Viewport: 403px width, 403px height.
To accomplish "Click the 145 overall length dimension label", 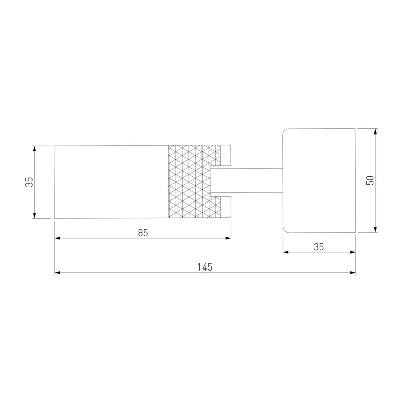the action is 205,267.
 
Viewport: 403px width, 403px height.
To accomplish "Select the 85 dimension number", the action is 143,233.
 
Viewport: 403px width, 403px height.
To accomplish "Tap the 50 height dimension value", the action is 370,180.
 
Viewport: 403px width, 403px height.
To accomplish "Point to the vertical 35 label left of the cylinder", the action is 29,182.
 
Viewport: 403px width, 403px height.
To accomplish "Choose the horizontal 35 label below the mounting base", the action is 319,247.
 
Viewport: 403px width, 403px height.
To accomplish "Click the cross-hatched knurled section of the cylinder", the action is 194,181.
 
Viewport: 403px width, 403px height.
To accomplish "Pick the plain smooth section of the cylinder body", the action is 111,182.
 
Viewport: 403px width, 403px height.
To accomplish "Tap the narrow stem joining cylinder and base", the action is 246,180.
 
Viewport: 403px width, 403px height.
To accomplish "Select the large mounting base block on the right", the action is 319,181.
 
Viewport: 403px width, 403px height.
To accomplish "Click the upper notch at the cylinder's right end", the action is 225,156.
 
